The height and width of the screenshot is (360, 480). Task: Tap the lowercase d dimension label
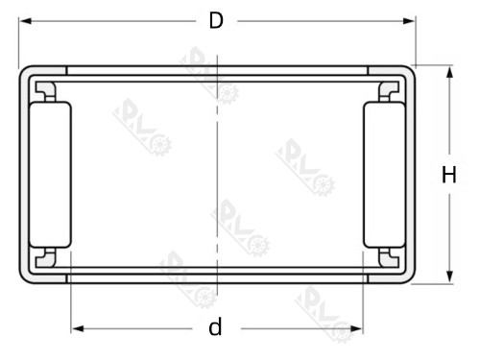coord(216,328)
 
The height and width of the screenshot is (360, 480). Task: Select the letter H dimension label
coord(448,175)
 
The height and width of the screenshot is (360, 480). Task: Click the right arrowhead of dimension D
coord(411,21)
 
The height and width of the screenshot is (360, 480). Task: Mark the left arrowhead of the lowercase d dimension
coord(76,328)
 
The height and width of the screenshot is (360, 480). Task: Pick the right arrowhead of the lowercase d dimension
coord(357,328)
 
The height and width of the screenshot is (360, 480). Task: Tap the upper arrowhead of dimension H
coord(448,70)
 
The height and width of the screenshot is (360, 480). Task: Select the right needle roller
coord(381,174)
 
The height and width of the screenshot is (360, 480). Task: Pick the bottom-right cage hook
coord(388,257)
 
